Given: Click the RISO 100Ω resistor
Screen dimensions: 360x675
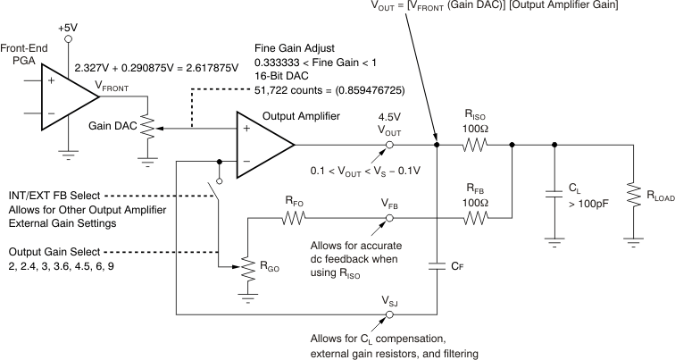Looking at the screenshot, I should click(474, 145).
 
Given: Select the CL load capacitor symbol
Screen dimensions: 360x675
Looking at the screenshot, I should click(554, 193).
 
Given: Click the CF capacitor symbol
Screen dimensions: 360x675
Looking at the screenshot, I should click(437, 265).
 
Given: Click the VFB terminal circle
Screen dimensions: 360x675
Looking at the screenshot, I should click(389, 216).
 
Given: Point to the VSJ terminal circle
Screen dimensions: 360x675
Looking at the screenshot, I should click(389, 314).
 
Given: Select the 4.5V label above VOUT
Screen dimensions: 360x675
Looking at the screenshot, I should click(390, 115).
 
